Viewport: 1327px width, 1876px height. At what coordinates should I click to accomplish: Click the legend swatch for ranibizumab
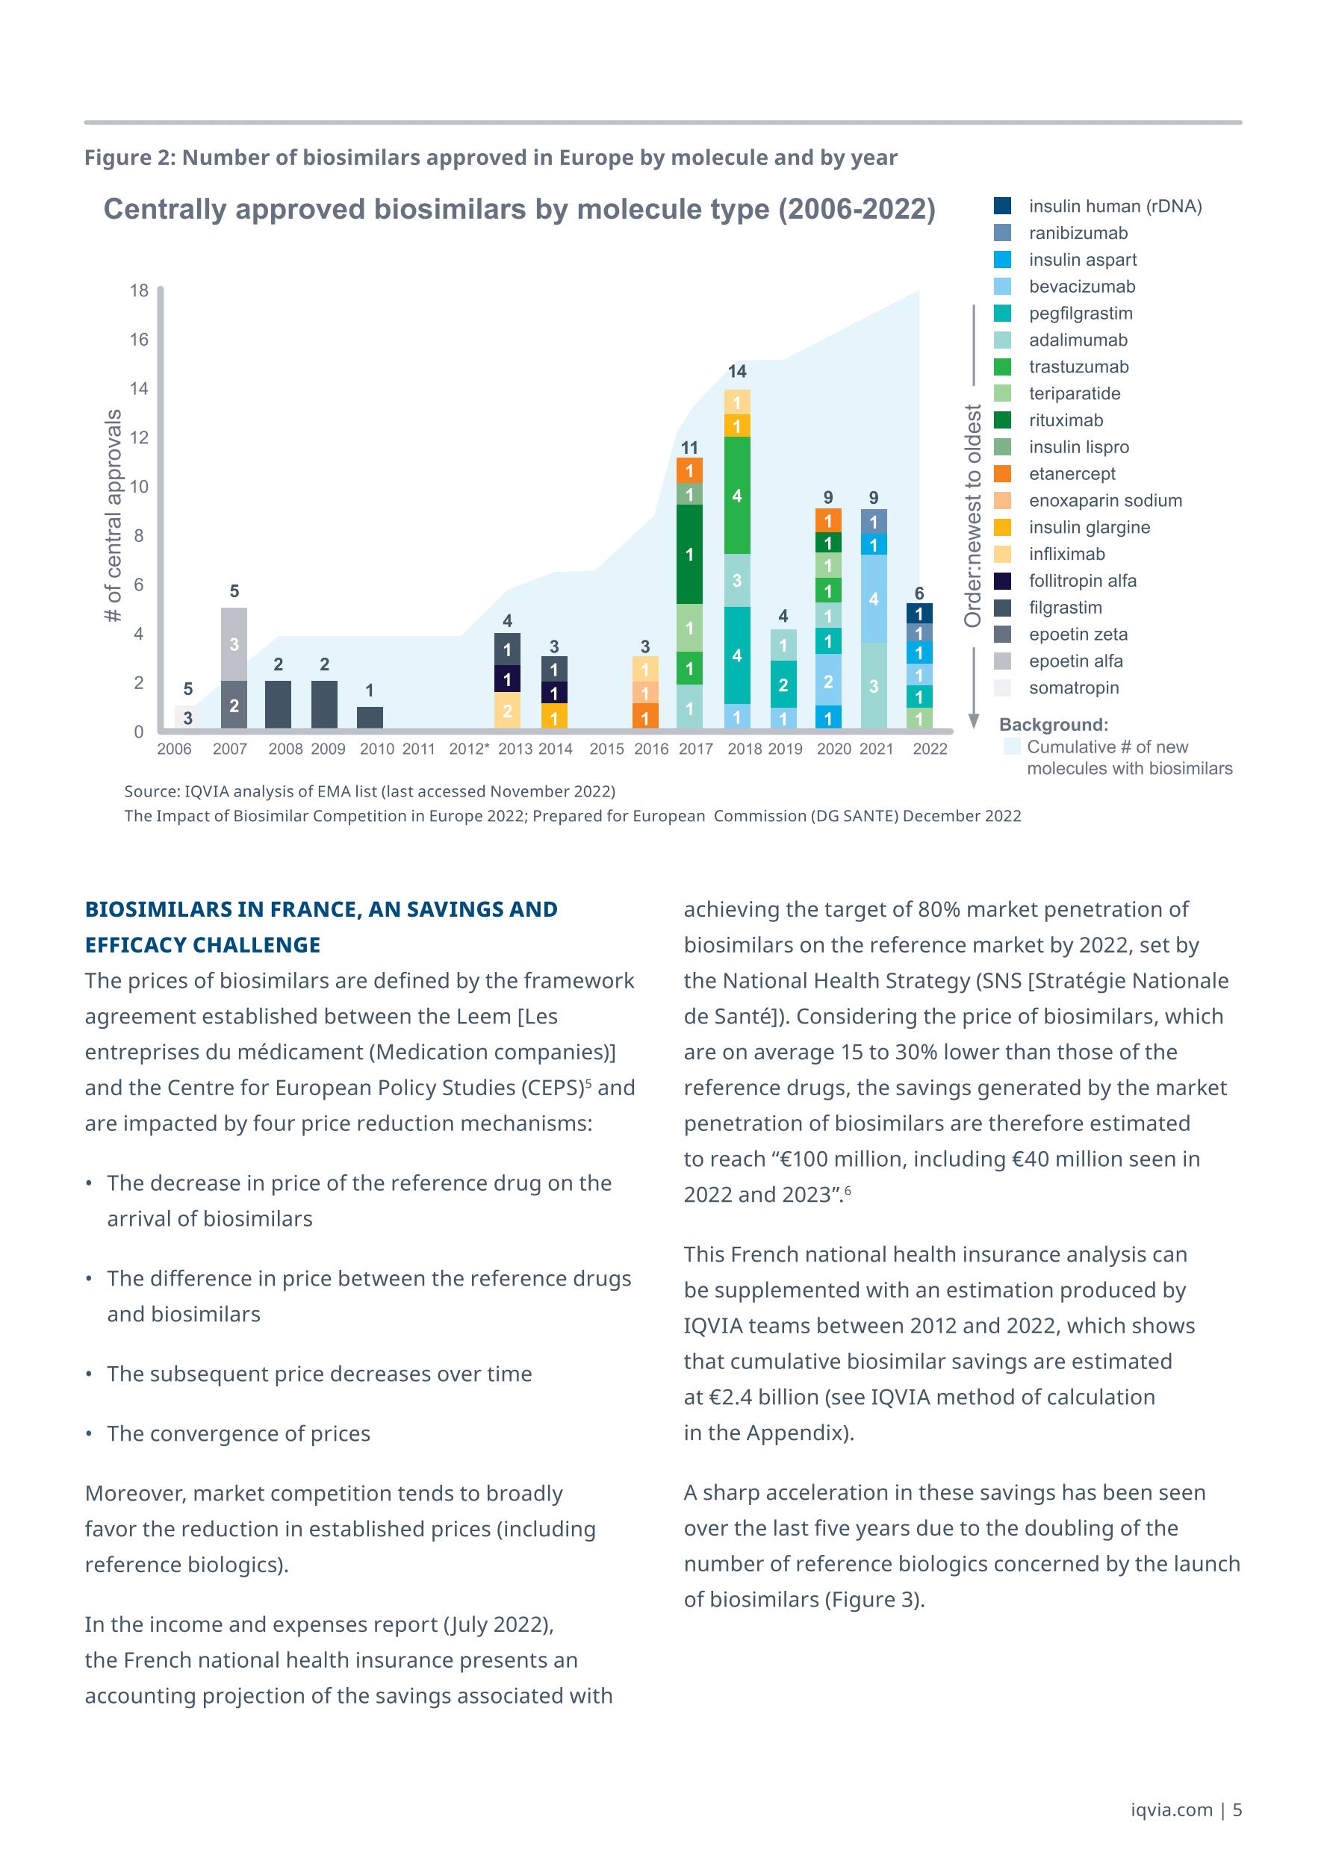(1003, 233)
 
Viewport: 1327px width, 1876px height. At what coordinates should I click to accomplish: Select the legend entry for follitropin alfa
(1082, 581)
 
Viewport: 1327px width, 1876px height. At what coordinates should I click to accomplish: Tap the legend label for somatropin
(1074, 688)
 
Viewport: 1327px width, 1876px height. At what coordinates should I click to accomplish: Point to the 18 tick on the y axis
(139, 291)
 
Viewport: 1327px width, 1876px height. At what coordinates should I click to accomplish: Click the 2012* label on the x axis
(469, 750)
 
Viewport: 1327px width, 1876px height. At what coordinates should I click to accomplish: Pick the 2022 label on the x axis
(930, 750)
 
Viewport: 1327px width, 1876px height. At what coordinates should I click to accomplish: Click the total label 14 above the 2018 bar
(737, 372)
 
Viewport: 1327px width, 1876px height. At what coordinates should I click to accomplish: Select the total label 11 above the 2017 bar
(690, 448)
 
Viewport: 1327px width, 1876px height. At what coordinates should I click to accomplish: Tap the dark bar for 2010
(370, 717)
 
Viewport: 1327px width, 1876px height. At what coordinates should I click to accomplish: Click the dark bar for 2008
(279, 704)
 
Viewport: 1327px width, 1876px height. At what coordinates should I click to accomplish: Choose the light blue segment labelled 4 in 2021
(874, 599)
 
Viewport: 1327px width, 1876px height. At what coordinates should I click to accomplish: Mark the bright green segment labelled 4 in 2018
(737, 496)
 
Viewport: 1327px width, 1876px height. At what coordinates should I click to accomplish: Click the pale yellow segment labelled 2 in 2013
(508, 711)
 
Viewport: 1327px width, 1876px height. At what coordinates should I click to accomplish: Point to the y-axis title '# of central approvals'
(114, 516)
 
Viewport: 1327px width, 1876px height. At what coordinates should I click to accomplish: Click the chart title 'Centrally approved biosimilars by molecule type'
(519, 209)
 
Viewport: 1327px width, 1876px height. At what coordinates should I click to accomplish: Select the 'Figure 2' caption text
(491, 158)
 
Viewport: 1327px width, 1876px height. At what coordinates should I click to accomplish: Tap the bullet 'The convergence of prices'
(239, 1433)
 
